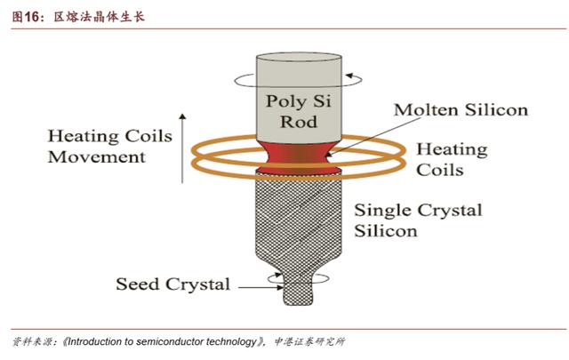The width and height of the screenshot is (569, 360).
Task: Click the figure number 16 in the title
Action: coord(32,17)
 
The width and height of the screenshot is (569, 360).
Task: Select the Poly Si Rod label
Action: coord(299,111)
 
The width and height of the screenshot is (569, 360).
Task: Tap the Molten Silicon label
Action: coord(461,110)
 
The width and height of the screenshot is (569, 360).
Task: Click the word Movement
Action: coord(97,157)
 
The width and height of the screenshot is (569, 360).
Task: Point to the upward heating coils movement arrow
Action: coord(182,148)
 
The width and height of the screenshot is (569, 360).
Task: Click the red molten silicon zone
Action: coord(299,157)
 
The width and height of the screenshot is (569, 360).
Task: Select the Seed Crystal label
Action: coord(173,284)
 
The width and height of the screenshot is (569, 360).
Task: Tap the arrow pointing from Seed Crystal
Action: coord(260,287)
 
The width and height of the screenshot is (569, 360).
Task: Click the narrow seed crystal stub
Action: coord(298,291)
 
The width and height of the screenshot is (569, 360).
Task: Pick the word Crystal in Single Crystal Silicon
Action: coord(450,211)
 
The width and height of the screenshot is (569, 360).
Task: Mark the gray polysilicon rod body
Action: coord(299,98)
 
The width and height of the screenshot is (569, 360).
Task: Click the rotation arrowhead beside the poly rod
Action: coord(349,76)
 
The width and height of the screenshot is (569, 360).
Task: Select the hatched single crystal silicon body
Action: coord(299,221)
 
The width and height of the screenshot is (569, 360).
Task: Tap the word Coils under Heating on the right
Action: coord(440,170)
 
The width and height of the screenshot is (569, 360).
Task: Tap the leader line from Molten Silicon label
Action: coord(373,137)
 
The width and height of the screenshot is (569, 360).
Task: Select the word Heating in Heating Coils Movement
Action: coord(84,137)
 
